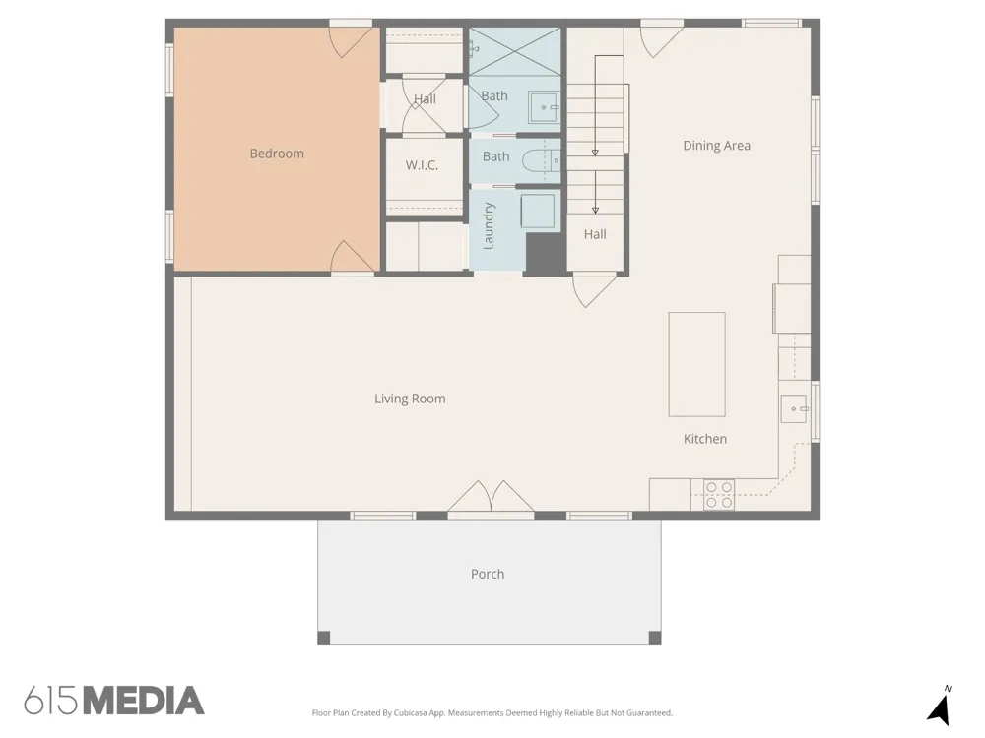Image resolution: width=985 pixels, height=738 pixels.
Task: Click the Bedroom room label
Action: coord(277,154)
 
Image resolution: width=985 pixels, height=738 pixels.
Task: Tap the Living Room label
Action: coord(410,399)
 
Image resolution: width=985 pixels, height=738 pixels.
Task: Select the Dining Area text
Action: coord(717,146)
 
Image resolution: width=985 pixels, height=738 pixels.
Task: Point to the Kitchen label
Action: coord(705,439)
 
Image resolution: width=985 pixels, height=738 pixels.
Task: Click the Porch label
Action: coord(488,574)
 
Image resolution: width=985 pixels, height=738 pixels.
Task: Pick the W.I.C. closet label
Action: coord(423,165)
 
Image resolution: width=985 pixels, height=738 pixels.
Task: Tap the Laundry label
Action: coord(489,226)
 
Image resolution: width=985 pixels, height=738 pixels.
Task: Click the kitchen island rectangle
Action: coord(696,364)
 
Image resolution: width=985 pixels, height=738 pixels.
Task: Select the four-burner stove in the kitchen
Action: coord(719,495)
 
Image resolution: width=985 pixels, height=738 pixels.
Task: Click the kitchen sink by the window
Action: coord(794,408)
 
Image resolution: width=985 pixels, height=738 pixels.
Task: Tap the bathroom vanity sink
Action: coord(544,107)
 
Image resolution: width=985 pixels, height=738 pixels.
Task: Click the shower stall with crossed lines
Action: coord(514,51)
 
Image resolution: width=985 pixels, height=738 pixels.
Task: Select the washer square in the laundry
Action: coord(538,211)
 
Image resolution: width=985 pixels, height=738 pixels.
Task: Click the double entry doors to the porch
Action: coord(491,497)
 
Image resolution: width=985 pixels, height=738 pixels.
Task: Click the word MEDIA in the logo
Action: coord(144,701)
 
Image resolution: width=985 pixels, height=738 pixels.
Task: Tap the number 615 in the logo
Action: coord(51,701)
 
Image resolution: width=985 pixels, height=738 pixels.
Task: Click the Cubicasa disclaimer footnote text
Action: coord(492,712)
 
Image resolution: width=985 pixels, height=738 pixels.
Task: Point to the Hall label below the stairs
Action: coord(595,235)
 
